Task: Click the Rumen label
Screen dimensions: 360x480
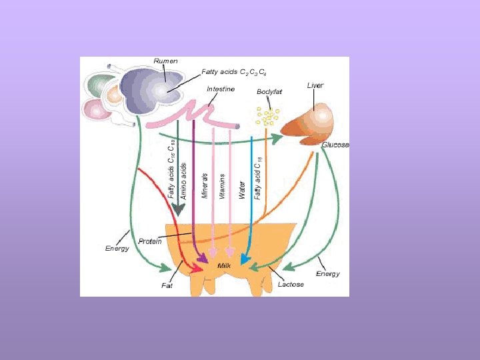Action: pos(165,61)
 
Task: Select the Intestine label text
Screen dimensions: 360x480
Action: pos(220,89)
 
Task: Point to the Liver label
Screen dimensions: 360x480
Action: pos(315,86)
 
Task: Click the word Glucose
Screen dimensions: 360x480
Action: pos(335,145)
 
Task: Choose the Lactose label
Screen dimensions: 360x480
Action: pos(291,285)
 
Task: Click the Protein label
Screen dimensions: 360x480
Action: pos(150,241)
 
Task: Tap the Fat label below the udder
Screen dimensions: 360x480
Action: pos(167,285)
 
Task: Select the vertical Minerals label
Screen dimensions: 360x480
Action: pos(205,185)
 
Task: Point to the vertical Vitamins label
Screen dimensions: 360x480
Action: pos(223,186)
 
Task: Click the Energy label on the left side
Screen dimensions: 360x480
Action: pos(117,249)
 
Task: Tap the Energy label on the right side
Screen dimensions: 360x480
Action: pos(328,273)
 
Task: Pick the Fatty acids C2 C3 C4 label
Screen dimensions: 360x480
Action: pos(235,72)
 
